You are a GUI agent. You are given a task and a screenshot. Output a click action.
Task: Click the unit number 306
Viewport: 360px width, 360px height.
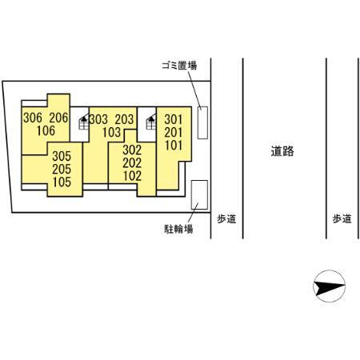[x=32, y=118]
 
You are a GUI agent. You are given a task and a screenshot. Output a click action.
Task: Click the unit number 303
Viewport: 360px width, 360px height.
[x=98, y=118]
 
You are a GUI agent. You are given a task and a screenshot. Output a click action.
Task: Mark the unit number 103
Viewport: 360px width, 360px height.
[x=111, y=131]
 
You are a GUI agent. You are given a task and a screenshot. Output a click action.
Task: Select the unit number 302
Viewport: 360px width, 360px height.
[x=132, y=149]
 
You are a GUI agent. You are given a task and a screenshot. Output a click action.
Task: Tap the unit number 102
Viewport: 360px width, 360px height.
[x=132, y=174]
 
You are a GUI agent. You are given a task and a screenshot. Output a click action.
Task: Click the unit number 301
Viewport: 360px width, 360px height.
[x=174, y=120]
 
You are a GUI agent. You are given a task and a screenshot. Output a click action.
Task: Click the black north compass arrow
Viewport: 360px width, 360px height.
[x=329, y=284]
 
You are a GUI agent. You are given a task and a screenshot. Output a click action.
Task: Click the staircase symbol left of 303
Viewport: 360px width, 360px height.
[x=83, y=123]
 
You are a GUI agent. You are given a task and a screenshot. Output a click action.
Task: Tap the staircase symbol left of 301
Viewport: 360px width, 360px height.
[x=149, y=123]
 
